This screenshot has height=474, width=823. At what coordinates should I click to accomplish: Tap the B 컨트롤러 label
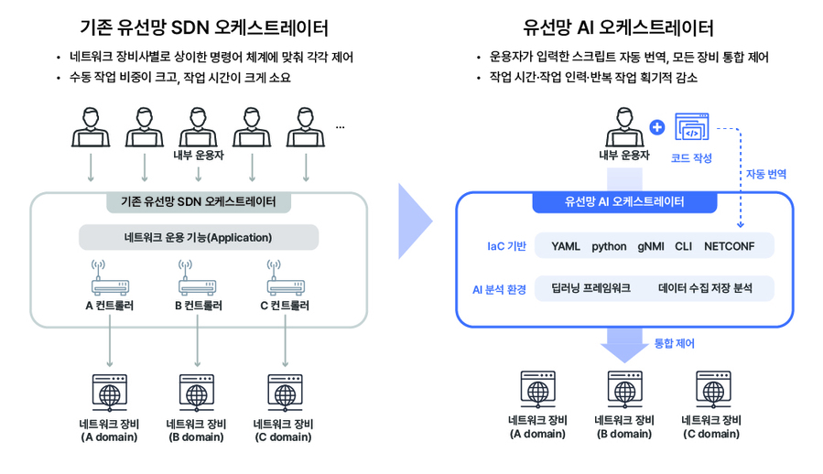(198, 306)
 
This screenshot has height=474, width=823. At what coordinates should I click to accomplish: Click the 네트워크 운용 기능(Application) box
(199, 238)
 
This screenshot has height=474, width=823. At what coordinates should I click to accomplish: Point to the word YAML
(566, 247)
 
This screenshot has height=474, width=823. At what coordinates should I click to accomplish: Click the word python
(609, 247)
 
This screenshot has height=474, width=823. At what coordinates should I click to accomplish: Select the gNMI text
(651, 247)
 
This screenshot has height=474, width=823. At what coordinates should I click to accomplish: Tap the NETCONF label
(729, 247)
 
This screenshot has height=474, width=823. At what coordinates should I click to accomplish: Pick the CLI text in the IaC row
(684, 247)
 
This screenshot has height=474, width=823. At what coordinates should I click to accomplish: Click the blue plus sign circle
(656, 127)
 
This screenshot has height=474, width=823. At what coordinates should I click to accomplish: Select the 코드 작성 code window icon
(691, 127)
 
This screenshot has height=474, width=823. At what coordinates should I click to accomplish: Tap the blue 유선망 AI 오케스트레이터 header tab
(624, 202)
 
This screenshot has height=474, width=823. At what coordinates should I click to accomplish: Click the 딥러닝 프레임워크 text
(590, 288)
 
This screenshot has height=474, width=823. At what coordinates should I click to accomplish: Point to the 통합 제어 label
(675, 344)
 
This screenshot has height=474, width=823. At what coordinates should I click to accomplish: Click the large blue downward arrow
(624, 346)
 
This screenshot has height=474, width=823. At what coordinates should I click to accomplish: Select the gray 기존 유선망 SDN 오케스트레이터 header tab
(198, 202)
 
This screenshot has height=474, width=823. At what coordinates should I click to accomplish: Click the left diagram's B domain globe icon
(196, 393)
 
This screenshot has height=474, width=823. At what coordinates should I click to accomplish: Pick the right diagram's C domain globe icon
(711, 390)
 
